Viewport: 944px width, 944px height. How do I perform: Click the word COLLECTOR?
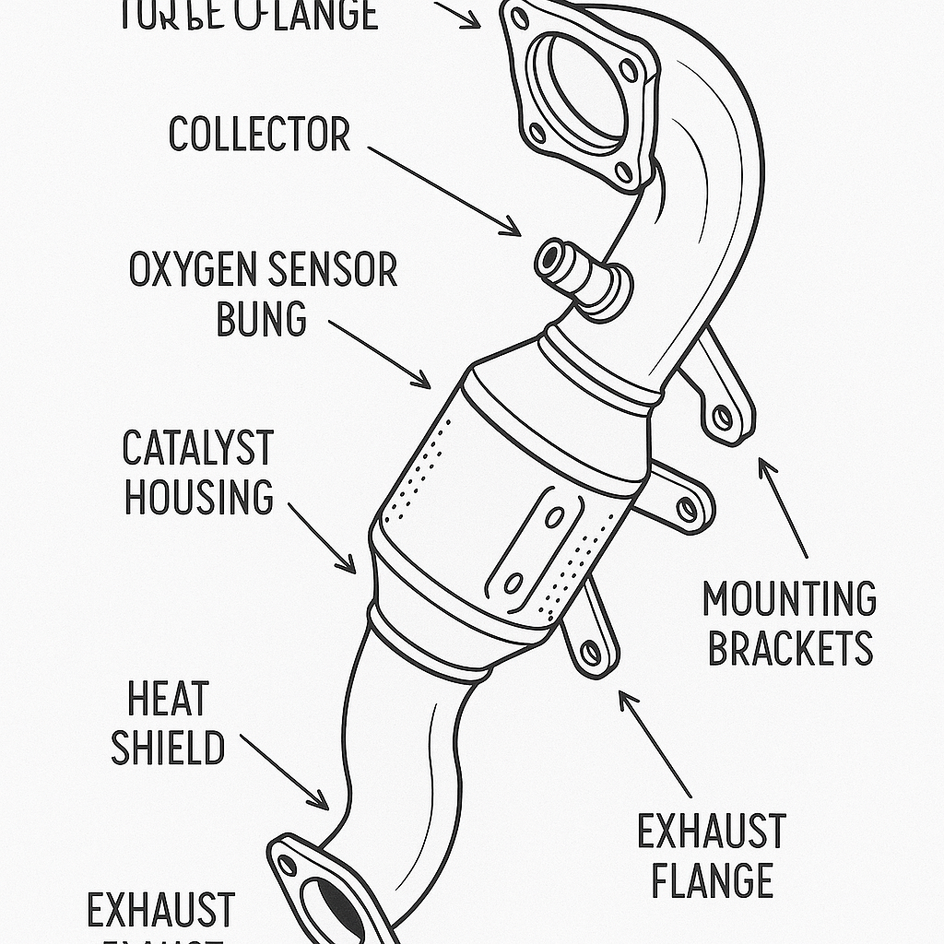259,136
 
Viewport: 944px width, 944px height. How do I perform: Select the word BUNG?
261,319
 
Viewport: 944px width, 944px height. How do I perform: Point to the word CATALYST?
197,449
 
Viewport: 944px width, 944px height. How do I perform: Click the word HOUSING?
199,497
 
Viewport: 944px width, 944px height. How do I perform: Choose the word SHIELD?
168,748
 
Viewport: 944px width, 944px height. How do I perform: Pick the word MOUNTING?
789,600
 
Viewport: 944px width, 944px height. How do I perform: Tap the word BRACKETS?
789,648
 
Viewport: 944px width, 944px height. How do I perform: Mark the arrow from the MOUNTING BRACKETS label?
783,507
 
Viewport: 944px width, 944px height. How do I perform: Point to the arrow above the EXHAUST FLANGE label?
655,743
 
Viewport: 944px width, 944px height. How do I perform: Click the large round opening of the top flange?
586,88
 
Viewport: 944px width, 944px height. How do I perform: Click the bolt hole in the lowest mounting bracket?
591,654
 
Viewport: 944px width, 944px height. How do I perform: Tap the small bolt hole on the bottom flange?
288,865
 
